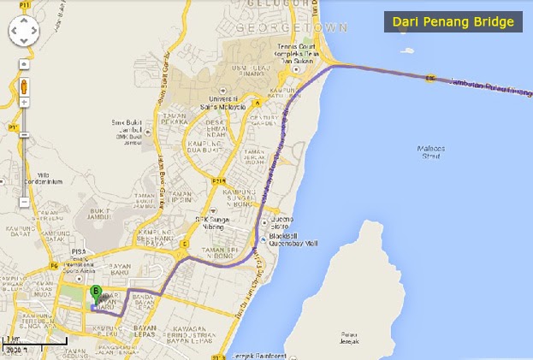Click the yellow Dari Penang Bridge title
coord(453,21)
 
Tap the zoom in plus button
coord(24,102)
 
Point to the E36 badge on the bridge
coord(429,80)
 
